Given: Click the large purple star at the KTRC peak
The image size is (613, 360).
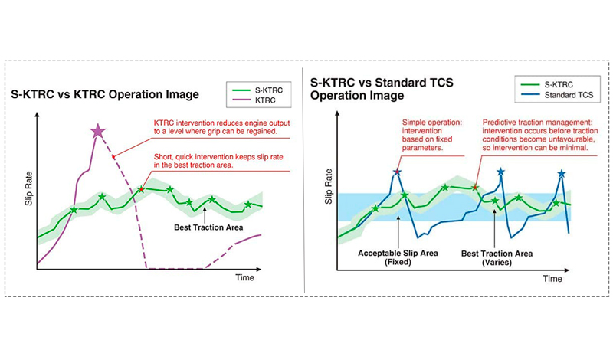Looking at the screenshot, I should click(x=98, y=131).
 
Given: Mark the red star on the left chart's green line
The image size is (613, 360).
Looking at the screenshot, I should click(x=141, y=188).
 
